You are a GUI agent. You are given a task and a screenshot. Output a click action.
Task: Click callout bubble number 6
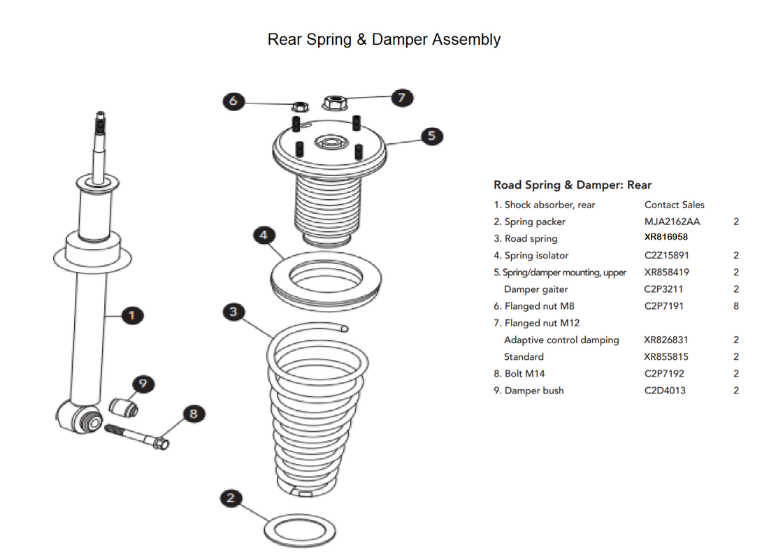click(233, 101)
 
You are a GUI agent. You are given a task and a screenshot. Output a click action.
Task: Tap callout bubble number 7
click(401, 97)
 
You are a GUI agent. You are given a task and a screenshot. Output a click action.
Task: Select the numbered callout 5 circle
click(431, 135)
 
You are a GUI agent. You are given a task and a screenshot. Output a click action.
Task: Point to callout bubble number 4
click(263, 235)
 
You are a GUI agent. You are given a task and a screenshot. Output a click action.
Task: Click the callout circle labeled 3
click(234, 312)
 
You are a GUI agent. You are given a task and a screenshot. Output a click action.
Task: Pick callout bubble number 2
click(231, 498)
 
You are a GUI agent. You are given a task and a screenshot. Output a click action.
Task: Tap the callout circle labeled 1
click(131, 316)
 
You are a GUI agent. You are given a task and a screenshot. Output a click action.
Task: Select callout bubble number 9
click(143, 384)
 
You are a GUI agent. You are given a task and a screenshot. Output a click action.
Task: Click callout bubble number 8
click(194, 414)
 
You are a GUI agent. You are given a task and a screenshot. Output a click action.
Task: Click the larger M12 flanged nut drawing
click(334, 104)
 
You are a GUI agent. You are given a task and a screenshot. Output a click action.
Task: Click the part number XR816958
click(666, 238)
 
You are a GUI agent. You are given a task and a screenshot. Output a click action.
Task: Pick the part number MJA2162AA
click(672, 222)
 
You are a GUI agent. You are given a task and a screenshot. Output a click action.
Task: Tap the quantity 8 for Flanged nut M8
click(736, 306)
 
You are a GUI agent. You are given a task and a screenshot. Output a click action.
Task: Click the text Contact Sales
click(674, 205)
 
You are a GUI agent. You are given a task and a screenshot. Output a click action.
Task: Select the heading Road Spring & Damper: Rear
click(572, 185)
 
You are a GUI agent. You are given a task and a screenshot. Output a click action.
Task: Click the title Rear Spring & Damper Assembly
click(384, 39)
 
